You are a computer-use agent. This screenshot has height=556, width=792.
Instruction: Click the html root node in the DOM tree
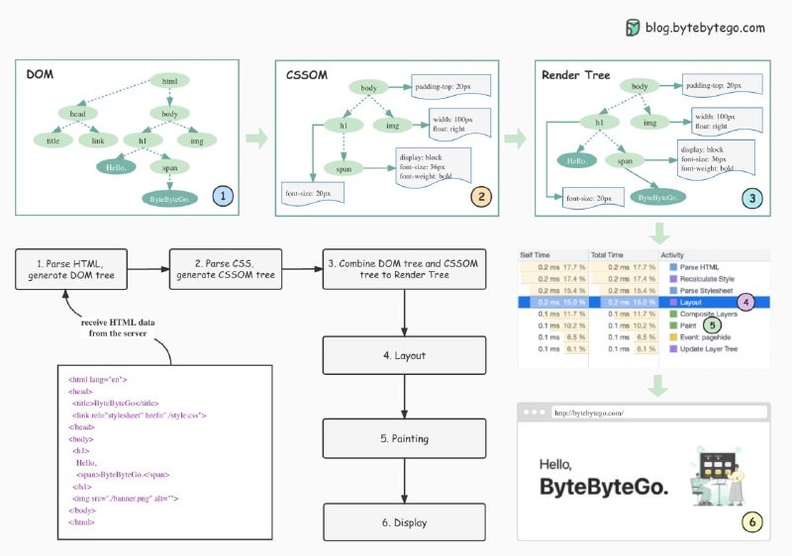click(x=169, y=81)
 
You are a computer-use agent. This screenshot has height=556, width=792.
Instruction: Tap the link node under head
click(x=98, y=141)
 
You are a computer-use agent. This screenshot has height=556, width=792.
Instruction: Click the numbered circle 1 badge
click(x=222, y=196)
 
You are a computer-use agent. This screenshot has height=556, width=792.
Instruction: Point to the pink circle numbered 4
click(x=746, y=300)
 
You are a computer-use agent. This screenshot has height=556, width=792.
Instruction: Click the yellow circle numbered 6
click(x=752, y=521)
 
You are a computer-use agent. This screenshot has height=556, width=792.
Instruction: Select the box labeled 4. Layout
click(x=405, y=354)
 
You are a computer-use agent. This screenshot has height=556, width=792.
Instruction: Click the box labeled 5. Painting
click(x=405, y=438)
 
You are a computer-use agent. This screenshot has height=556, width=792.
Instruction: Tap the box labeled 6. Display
click(x=405, y=521)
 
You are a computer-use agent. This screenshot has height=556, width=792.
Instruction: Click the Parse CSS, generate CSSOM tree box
click(x=227, y=268)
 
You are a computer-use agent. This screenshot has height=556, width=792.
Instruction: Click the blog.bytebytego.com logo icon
click(x=634, y=28)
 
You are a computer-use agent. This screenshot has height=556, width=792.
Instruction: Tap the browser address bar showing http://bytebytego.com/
click(x=659, y=413)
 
